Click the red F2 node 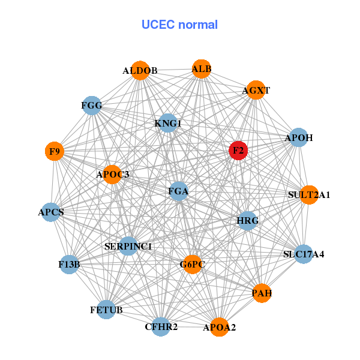(x=238, y=151)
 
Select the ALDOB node (x=140, y=70)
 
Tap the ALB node (x=202, y=69)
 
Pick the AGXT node (x=256, y=90)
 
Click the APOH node (x=299, y=137)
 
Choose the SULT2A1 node (x=309, y=194)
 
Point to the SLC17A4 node (x=304, y=254)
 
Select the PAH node (x=262, y=293)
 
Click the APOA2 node (x=219, y=327)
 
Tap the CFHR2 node (x=161, y=326)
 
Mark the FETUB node (x=106, y=310)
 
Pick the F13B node (x=70, y=264)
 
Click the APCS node (x=51, y=212)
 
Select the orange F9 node (x=55, y=152)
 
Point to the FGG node (x=92, y=106)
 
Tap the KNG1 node (x=168, y=124)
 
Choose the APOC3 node (x=113, y=174)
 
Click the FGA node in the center (x=179, y=191)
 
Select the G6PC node (x=193, y=264)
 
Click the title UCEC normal (x=179, y=25)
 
